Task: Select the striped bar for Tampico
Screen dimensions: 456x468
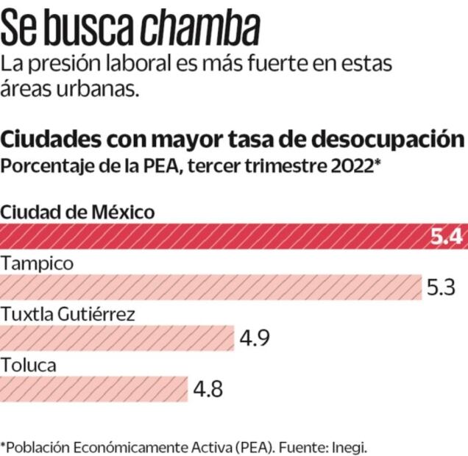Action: tap(210, 288)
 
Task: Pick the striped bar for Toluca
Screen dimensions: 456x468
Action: tap(93, 388)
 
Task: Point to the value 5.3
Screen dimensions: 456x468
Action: tap(443, 288)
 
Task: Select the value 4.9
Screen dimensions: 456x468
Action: tap(255, 338)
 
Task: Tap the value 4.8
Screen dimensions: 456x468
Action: tap(208, 388)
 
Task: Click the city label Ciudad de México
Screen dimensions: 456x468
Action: tap(78, 213)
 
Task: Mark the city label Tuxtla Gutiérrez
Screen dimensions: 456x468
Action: tap(68, 314)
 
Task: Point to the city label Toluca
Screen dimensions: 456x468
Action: tap(29, 364)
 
